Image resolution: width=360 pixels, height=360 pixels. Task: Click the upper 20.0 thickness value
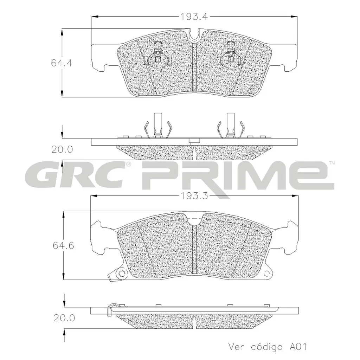(x=62, y=149)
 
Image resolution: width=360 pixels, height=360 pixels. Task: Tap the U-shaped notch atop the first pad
(x=194, y=35)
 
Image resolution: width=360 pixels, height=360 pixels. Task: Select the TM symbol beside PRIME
(x=332, y=163)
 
